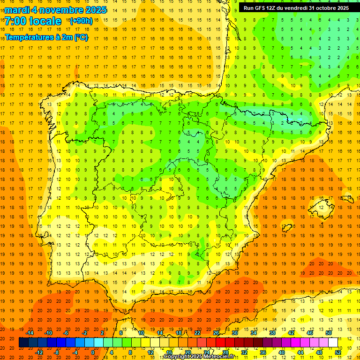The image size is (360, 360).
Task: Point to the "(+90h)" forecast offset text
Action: coord(81,21)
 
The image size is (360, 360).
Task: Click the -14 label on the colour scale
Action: coord(30,333)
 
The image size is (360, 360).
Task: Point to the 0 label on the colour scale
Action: coord(93,352)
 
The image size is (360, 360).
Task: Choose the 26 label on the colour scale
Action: coord(216,333)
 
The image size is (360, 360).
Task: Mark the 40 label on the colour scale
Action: coord(282,352)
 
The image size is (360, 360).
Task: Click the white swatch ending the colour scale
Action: coord(333,343)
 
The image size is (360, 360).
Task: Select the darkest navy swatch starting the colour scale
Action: coord(23,343)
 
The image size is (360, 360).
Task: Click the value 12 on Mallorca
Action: coord(322,207)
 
